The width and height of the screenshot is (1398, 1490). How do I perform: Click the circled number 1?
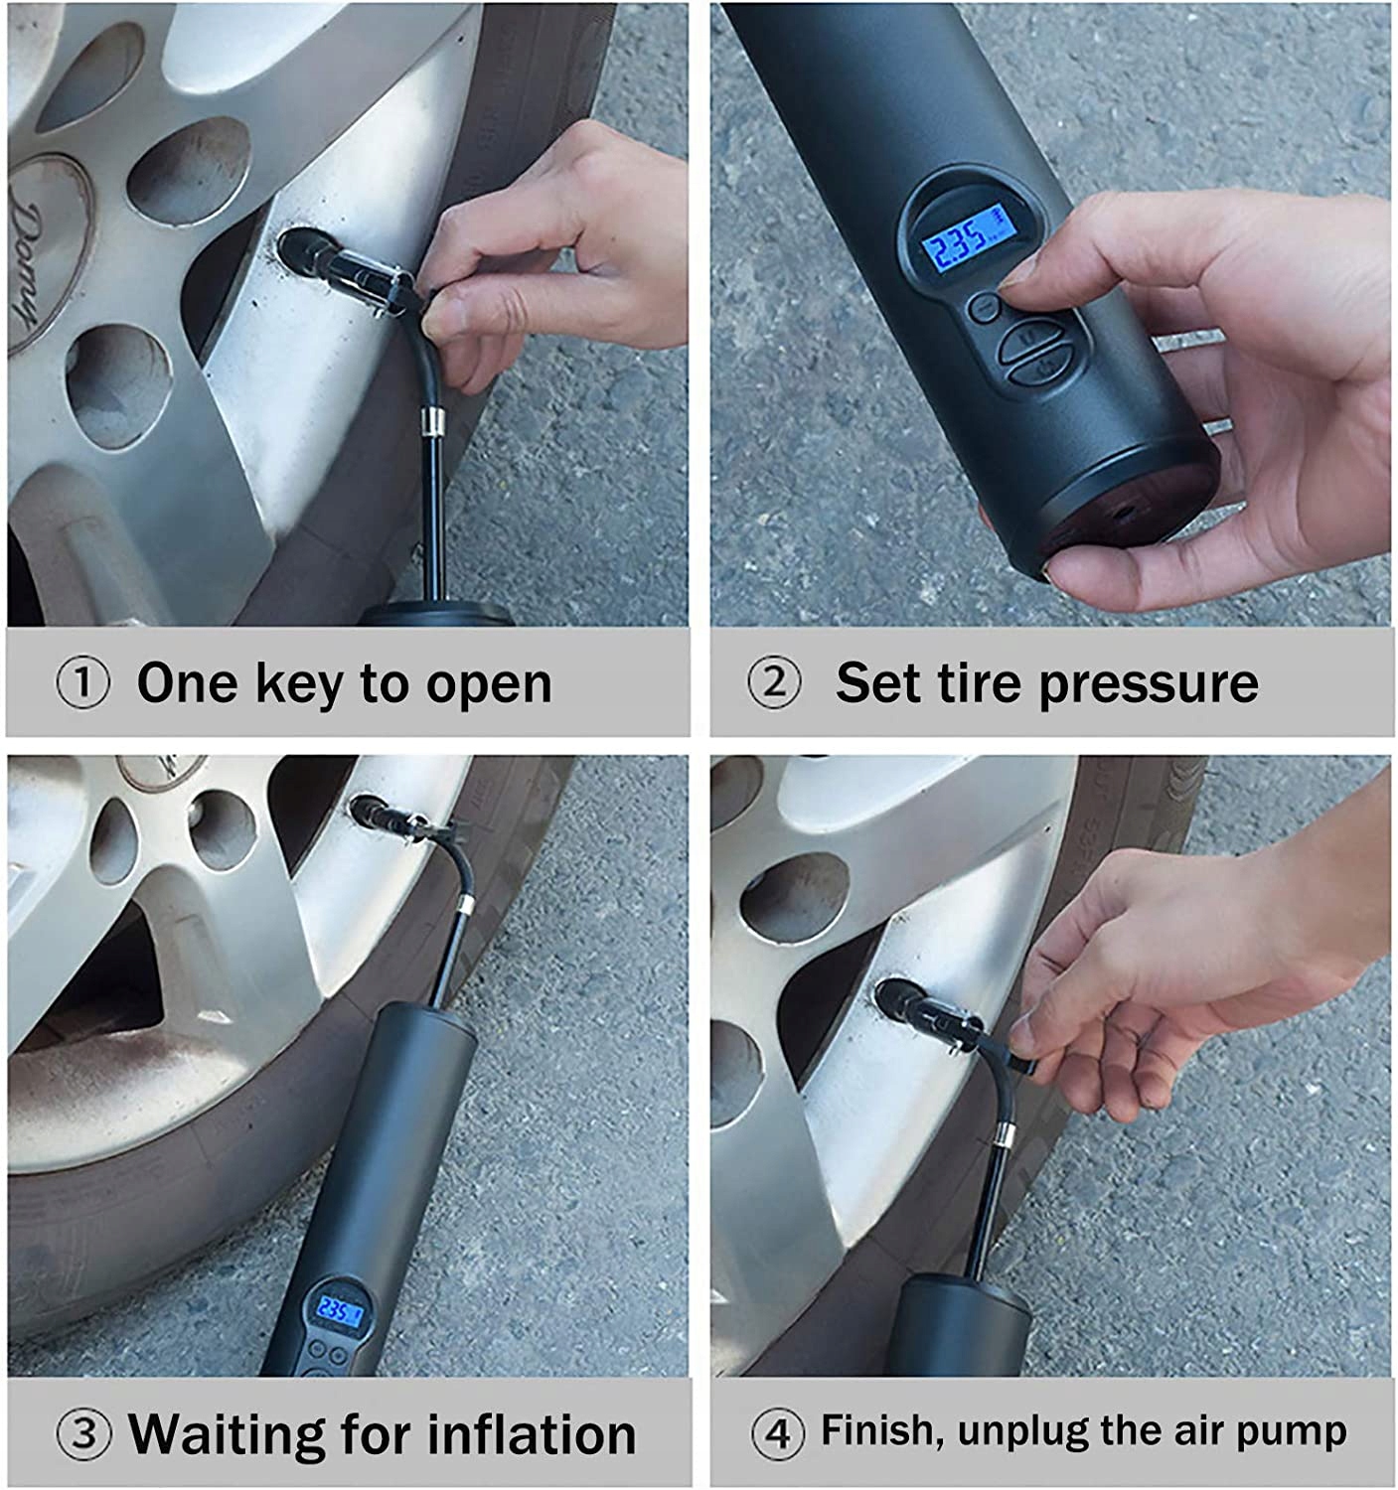coord(82,682)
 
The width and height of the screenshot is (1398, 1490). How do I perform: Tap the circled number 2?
coord(773,682)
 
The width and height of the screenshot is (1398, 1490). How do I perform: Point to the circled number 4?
coord(777,1434)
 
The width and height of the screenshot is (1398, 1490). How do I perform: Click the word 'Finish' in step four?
coord(883,1430)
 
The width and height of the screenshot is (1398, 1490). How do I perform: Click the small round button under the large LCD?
coord(985,307)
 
